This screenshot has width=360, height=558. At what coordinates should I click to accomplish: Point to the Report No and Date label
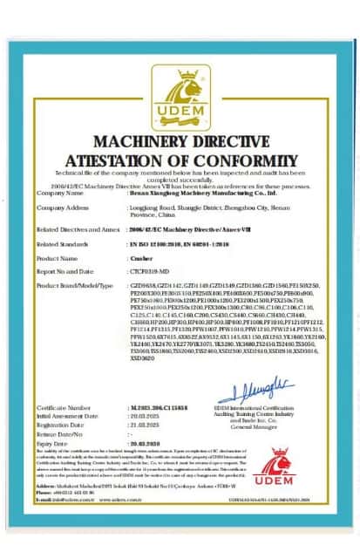click(x=68, y=272)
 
